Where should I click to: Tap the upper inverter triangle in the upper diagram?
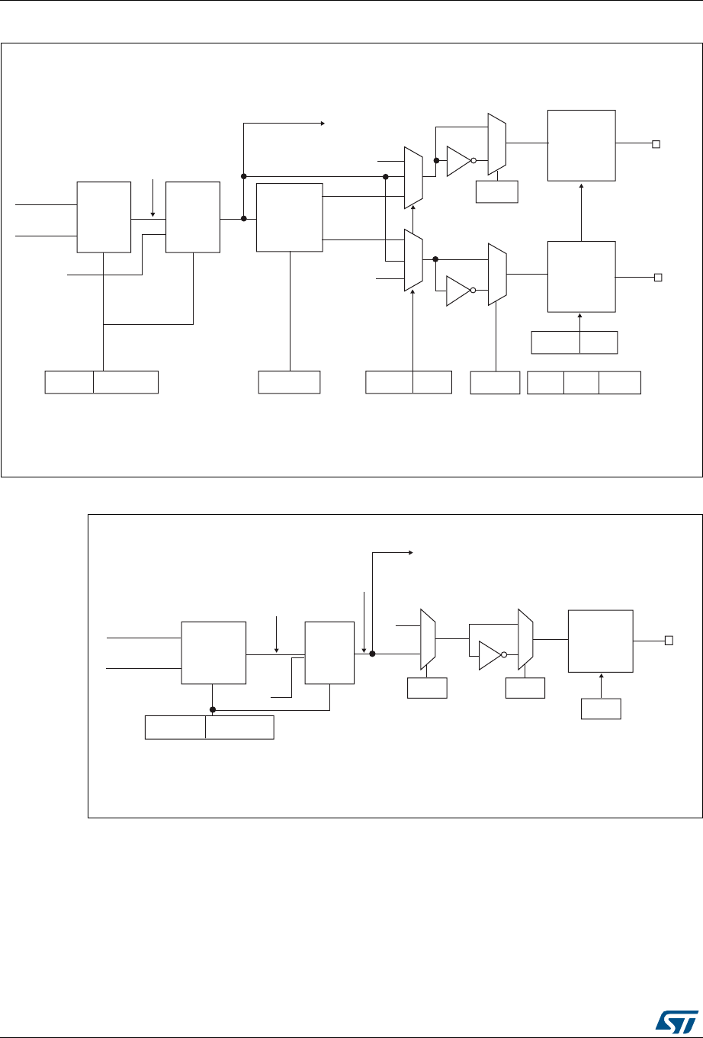pyautogui.click(x=458, y=161)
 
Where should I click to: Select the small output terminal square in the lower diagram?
pyautogui.click(x=669, y=641)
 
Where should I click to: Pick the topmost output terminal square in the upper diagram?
pyautogui.click(x=654, y=143)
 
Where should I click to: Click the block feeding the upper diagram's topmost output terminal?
pyautogui.click(x=581, y=145)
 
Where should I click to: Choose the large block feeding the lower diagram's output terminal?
pyautogui.click(x=600, y=641)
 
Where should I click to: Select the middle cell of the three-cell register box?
pyautogui.click(x=581, y=382)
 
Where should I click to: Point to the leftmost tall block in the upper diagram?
pyautogui.click(x=103, y=217)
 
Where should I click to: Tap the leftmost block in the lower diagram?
pyautogui.click(x=213, y=652)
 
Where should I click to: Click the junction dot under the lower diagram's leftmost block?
pyautogui.click(x=213, y=709)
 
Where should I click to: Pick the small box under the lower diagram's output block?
pyautogui.click(x=601, y=709)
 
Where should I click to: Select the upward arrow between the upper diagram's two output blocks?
pyautogui.click(x=581, y=210)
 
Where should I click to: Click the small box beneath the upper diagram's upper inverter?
pyautogui.click(x=496, y=191)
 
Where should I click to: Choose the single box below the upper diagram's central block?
pyautogui.click(x=289, y=381)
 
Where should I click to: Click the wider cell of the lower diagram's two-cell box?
pyautogui.click(x=239, y=728)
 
